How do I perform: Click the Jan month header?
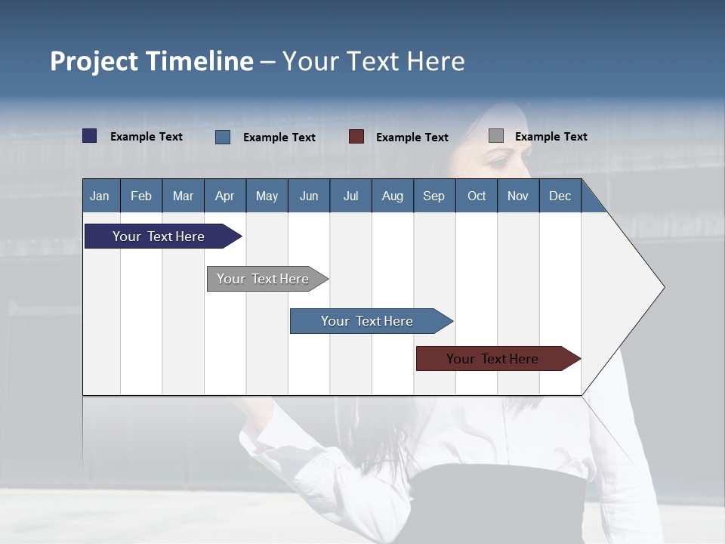coord(100,196)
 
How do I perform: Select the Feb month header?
coord(141,196)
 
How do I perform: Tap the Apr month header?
coord(224,196)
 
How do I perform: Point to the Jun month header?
coord(309,196)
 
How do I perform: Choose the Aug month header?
coord(392,196)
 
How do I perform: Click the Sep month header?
coord(433,196)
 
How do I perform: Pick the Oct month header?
coord(477,196)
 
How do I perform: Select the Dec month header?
coord(560,196)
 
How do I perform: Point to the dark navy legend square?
coord(90,136)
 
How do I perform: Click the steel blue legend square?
coord(223,137)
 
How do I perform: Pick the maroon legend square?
coord(356,137)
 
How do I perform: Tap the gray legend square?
coord(496,136)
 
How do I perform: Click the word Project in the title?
coord(94,61)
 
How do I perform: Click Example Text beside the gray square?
coord(551,137)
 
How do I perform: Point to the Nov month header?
coord(517,196)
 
